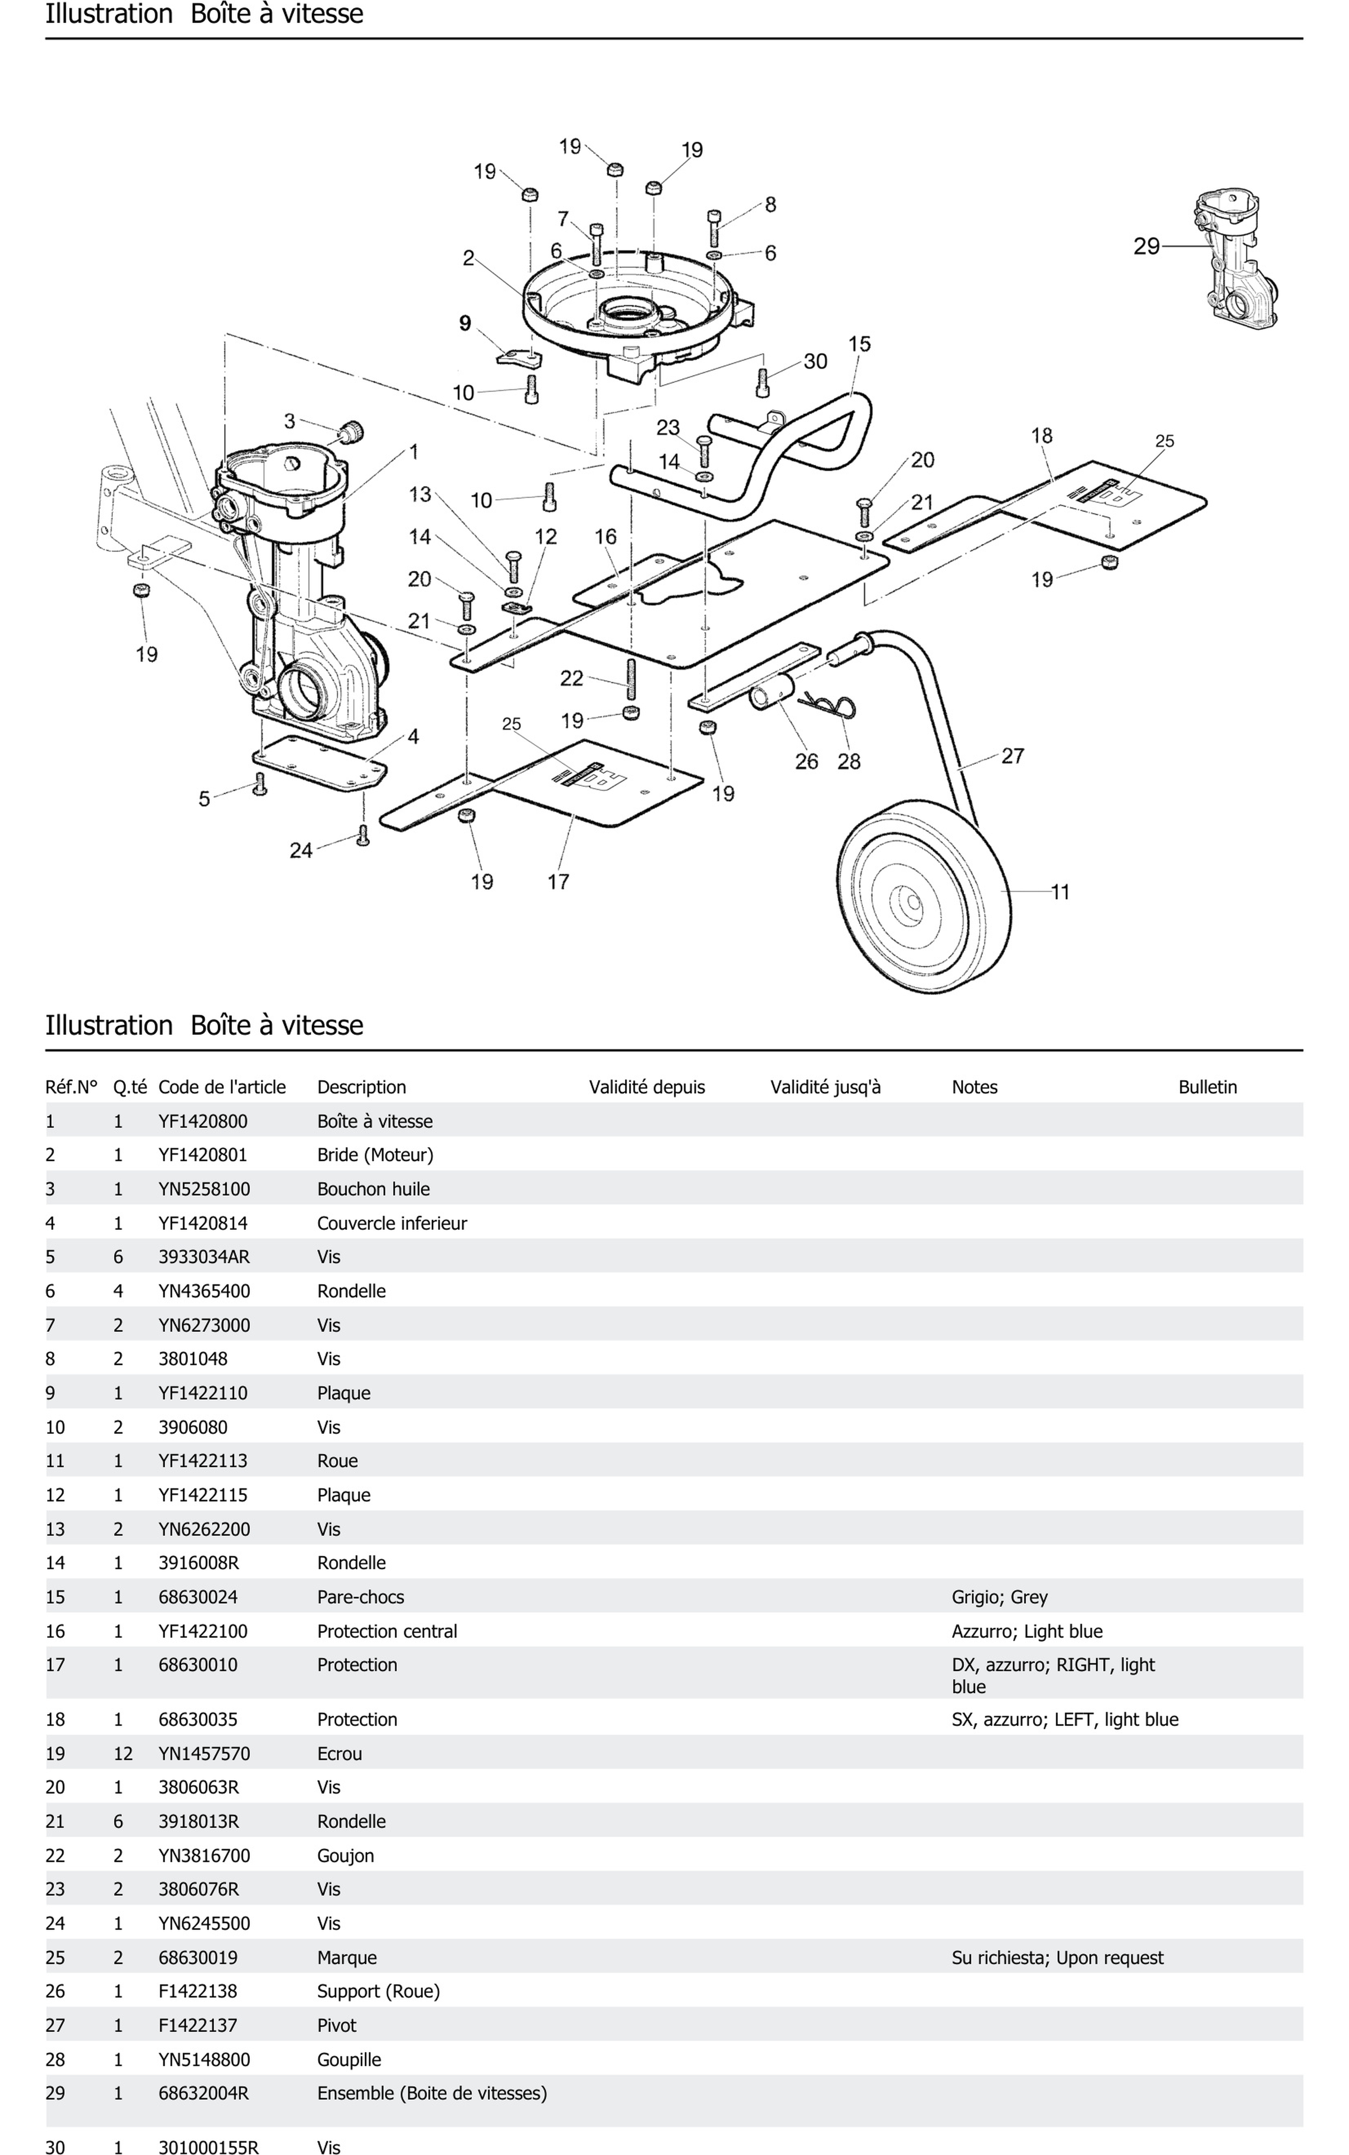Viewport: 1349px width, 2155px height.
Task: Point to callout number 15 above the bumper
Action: click(859, 344)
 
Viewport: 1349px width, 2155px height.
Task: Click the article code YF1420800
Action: click(202, 1121)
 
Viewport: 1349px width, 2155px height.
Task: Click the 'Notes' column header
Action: click(974, 1087)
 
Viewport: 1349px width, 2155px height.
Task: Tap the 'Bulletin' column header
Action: click(1207, 1087)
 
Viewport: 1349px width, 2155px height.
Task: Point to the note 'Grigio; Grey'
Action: click(999, 1596)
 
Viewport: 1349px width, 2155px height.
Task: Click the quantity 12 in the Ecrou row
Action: click(123, 1754)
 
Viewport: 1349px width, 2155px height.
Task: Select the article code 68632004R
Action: click(204, 2093)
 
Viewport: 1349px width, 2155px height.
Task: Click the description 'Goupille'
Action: click(349, 2060)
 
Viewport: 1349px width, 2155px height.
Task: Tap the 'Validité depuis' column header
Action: click(647, 1087)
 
